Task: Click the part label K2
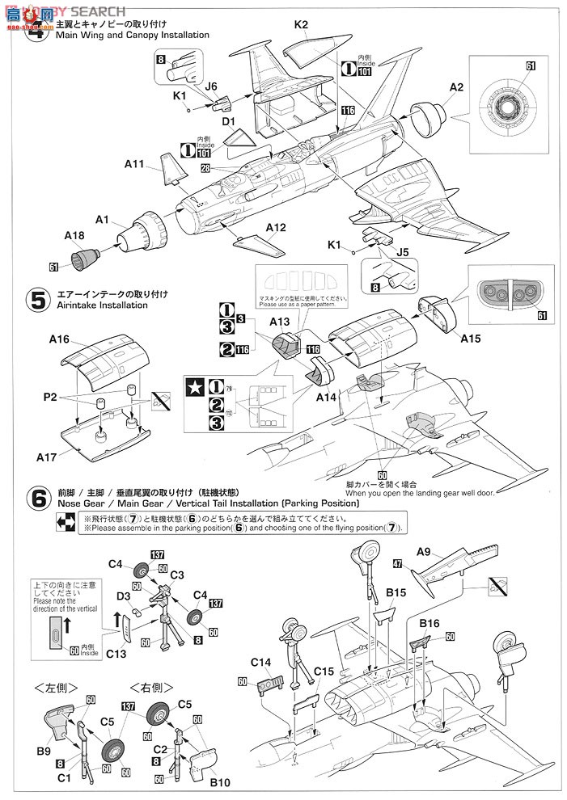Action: (301, 25)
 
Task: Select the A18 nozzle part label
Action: (74, 236)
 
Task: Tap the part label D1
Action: (228, 122)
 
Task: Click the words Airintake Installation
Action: (103, 305)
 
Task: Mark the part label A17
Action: (46, 457)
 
